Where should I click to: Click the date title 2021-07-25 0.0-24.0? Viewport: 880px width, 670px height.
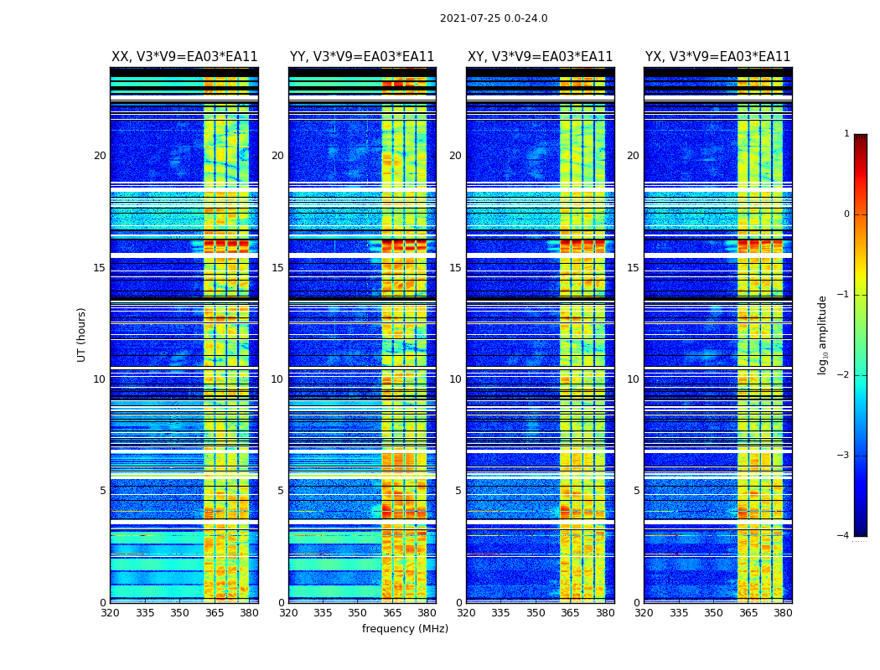pos(494,18)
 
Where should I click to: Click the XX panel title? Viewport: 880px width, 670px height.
pos(184,57)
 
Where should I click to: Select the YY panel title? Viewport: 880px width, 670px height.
pos(362,57)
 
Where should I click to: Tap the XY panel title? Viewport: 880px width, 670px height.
pos(540,57)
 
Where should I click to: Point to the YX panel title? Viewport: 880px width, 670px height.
pos(717,57)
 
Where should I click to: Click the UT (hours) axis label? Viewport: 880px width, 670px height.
pos(82,334)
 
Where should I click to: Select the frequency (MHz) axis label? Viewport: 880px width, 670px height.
pos(405,629)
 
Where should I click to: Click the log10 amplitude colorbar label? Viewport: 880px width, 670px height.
pos(823,334)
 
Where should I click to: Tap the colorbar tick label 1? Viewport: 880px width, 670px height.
pos(846,134)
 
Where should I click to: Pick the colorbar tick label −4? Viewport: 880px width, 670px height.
pos(844,536)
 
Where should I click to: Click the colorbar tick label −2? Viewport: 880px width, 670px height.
pos(844,375)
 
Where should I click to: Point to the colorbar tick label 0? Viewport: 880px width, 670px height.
pos(846,214)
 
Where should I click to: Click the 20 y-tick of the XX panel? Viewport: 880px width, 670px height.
pos(100,156)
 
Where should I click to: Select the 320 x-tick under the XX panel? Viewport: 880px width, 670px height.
pos(110,613)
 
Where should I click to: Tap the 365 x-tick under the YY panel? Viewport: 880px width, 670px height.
pos(392,613)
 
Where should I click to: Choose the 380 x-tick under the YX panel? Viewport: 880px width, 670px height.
pos(783,613)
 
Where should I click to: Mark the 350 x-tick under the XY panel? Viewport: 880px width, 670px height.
pos(536,613)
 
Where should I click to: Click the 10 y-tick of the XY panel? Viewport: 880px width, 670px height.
pos(455,379)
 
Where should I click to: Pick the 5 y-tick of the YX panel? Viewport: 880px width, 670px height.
pos(636,491)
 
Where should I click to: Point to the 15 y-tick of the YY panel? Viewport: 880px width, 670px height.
pos(277,268)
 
